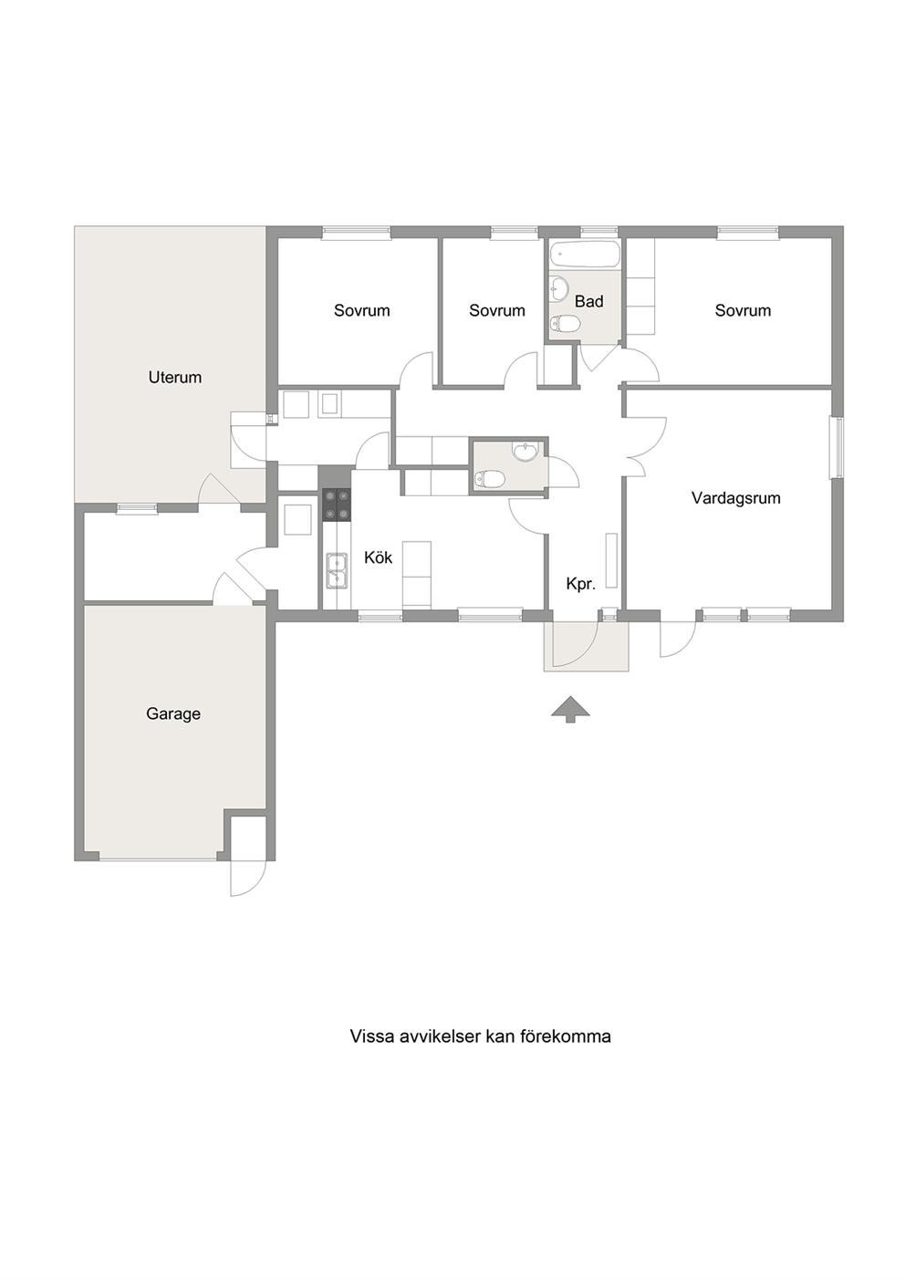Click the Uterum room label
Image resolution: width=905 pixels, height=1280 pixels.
pos(175,377)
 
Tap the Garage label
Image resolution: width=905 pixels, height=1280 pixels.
pos(173,713)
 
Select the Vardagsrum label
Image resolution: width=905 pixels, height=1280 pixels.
pos(736,498)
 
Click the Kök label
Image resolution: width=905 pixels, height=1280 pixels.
pos(379,557)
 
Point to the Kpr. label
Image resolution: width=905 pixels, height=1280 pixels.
pos(581,584)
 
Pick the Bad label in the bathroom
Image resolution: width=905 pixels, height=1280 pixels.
pos(589,301)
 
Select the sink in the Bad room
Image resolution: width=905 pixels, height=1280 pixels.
pos(560,288)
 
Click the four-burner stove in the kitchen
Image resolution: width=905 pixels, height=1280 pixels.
pos(337,505)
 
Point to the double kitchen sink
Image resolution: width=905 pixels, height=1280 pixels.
pos(337,570)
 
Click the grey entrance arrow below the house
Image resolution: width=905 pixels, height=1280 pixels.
pos(570,709)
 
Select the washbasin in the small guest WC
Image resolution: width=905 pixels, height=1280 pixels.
pos(525,452)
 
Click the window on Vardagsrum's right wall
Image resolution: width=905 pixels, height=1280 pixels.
pos(837,447)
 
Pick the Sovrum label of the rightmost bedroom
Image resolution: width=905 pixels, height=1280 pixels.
pos(743,310)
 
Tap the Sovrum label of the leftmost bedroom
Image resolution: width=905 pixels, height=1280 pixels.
pos(361,310)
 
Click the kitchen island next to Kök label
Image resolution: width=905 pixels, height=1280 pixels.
pos(417,574)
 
